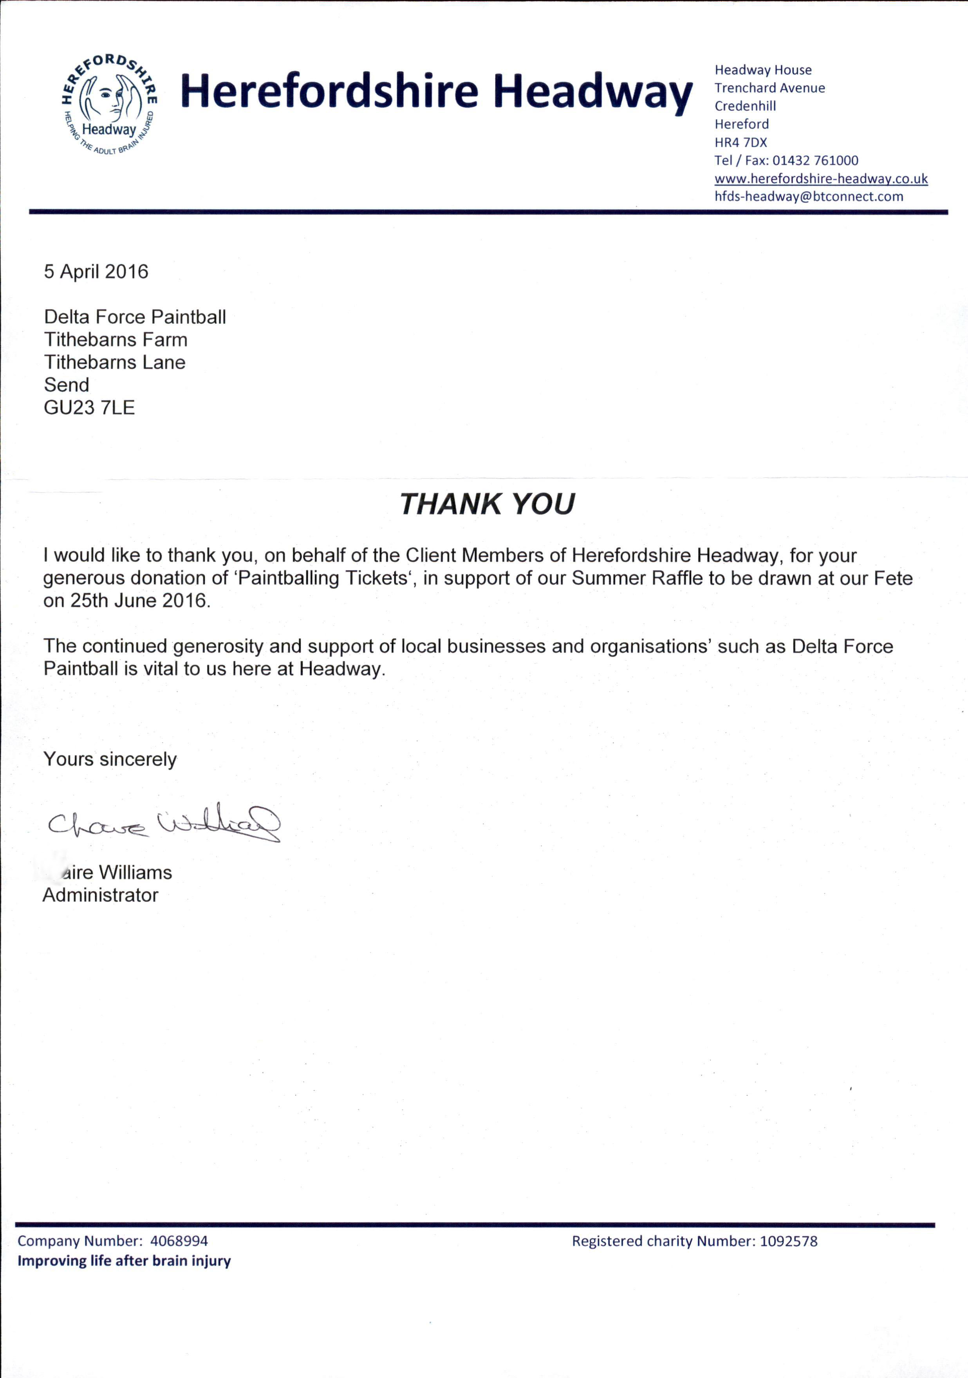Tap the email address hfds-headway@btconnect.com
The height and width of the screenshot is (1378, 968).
[808, 196]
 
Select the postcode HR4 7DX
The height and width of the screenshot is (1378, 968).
[740, 142]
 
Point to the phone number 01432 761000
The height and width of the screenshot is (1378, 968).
[815, 160]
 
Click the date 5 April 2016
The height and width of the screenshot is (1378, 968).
[96, 272]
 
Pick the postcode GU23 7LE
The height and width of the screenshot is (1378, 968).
[89, 408]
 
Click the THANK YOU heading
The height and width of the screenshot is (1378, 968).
[487, 504]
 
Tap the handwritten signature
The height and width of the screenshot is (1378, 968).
[163, 823]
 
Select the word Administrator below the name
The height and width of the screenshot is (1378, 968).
[100, 895]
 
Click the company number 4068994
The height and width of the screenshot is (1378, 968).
[179, 1241]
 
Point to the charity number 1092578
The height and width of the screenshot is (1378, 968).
[788, 1241]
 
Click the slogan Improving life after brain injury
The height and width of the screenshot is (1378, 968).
[124, 1261]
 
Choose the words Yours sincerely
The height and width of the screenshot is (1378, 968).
[110, 759]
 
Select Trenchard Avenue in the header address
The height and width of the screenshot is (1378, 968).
[769, 88]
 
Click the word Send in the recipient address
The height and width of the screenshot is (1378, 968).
[67, 385]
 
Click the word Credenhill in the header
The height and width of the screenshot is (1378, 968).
[745, 106]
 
